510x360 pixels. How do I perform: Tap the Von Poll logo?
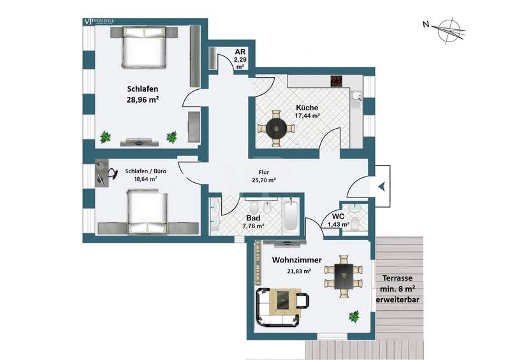tap(99, 22)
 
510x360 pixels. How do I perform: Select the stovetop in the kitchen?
tap(337, 81)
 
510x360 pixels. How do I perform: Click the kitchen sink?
tap(357, 96)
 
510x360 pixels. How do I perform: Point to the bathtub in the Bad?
tap(291, 215)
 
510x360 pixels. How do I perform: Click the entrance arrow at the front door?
tap(382, 186)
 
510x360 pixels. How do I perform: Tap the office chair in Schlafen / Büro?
tap(112, 173)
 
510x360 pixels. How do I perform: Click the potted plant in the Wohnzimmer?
tap(354, 316)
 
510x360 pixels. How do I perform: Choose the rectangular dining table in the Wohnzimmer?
tap(344, 276)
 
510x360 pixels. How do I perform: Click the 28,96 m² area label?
tap(142, 99)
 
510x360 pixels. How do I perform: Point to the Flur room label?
tap(264, 173)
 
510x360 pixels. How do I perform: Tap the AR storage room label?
tap(240, 52)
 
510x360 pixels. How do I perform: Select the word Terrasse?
tap(397, 278)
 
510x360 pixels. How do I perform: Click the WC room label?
tap(339, 217)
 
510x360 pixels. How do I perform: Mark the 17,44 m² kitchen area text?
tap(307, 115)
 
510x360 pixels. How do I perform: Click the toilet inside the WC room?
tap(355, 223)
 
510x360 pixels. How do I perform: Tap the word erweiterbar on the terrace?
tap(397, 300)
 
